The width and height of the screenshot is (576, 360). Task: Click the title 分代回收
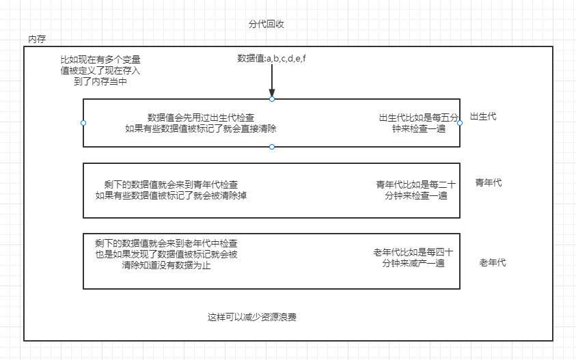coord(266,24)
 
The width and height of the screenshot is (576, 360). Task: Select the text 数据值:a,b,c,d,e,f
coord(271,58)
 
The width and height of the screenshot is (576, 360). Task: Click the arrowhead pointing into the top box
coord(272,94)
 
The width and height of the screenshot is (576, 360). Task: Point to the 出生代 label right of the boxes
coord(483,117)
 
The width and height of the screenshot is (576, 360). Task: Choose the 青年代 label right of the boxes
coord(489,182)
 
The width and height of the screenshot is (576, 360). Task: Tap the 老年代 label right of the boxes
coord(493,263)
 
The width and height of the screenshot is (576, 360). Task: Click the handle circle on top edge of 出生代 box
coord(272,99)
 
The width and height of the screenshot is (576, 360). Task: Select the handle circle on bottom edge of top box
coord(272,147)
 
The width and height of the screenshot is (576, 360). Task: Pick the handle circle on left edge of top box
coord(83,123)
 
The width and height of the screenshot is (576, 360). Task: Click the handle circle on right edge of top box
coord(460,123)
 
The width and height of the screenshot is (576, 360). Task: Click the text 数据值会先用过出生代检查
coord(201,117)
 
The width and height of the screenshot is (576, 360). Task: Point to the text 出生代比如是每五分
coord(419,117)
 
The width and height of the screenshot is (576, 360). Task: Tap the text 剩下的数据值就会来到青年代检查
coord(171,184)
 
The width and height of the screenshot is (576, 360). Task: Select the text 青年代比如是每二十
coord(415,184)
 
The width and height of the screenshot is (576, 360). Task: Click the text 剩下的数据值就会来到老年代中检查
coord(167,243)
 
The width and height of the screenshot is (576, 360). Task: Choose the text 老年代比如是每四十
coord(413,251)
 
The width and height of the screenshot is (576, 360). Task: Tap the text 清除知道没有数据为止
coord(167,265)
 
